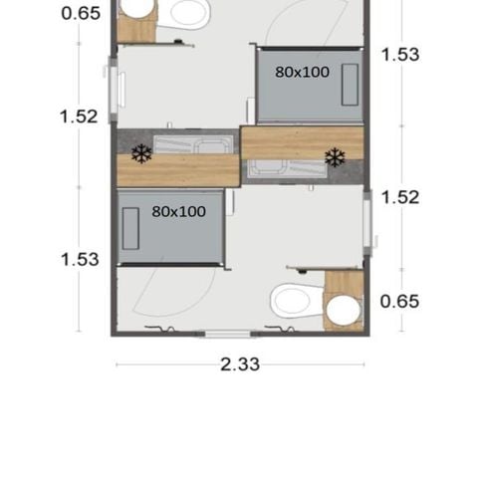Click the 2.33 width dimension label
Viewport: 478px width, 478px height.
click(x=239, y=364)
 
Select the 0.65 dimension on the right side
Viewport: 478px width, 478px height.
click(x=400, y=301)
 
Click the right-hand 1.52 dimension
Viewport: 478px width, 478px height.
click(x=400, y=196)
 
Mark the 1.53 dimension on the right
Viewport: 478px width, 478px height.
click(x=400, y=55)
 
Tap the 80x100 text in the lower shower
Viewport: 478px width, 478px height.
click(x=179, y=211)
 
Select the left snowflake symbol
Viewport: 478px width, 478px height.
click(x=142, y=153)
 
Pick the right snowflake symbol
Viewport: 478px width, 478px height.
click(x=335, y=157)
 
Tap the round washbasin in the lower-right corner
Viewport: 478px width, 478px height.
click(x=344, y=311)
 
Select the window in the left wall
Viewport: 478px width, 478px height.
click(x=113, y=91)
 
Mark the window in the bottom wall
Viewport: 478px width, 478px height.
click(x=231, y=332)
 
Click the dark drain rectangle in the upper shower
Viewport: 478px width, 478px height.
click(x=350, y=86)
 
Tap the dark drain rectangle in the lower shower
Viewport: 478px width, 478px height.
click(x=130, y=229)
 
